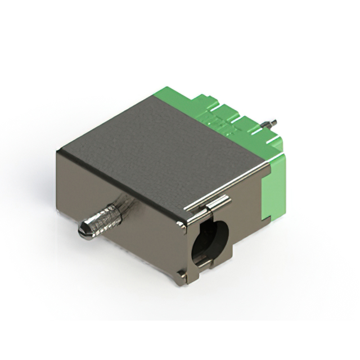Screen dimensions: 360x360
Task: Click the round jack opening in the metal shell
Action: [210, 242]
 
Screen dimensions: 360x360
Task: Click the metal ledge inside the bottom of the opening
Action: [205, 260]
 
